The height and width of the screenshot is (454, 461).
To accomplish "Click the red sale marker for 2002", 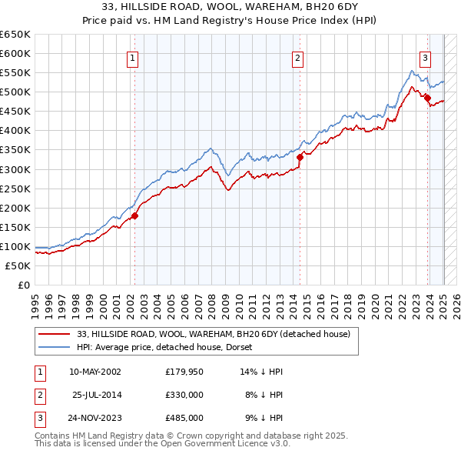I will point(134,215).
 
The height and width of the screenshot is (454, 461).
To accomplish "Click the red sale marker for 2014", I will point(300,157).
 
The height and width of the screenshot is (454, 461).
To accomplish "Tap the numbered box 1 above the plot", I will point(133,56).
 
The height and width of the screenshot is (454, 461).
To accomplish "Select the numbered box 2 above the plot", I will point(297,56).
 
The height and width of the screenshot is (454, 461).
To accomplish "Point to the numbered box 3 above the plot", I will point(425,56).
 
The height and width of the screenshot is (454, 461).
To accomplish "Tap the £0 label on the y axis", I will point(24,285).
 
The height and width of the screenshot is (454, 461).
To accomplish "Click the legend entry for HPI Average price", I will point(170,347).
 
